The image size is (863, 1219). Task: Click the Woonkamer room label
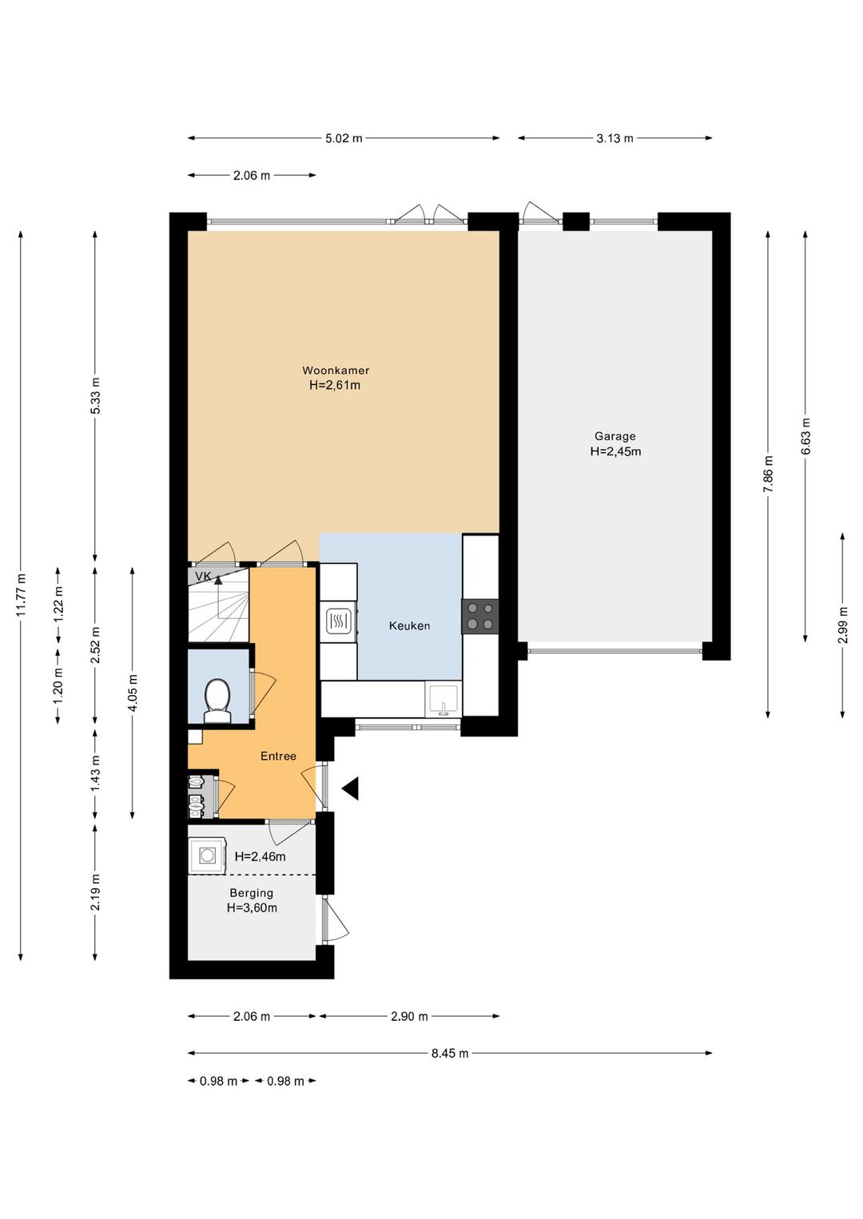[x=336, y=371]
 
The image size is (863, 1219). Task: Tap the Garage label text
[x=614, y=436]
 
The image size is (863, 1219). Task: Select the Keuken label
[x=409, y=625]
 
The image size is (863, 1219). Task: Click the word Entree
[x=278, y=756]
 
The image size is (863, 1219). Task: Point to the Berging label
[x=252, y=893]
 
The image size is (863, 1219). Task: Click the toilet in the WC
[x=217, y=701]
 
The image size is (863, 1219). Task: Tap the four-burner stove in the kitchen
[x=480, y=616]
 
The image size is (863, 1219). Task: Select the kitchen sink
[x=443, y=700]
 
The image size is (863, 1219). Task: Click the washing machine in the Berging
[x=208, y=856]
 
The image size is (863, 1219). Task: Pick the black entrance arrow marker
[x=351, y=788]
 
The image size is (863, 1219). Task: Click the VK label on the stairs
[x=203, y=576]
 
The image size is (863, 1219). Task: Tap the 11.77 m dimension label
[x=21, y=595]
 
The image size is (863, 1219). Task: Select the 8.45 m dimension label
[x=450, y=1053]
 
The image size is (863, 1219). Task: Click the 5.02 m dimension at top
[x=344, y=138]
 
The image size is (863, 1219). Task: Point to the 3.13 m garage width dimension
[x=614, y=138]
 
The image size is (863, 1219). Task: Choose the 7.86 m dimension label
[x=768, y=474]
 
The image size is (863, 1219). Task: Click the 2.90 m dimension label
[x=409, y=1016]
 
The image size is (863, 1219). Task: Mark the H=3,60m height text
[x=252, y=907]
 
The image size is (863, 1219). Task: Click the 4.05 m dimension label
[x=133, y=693]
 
